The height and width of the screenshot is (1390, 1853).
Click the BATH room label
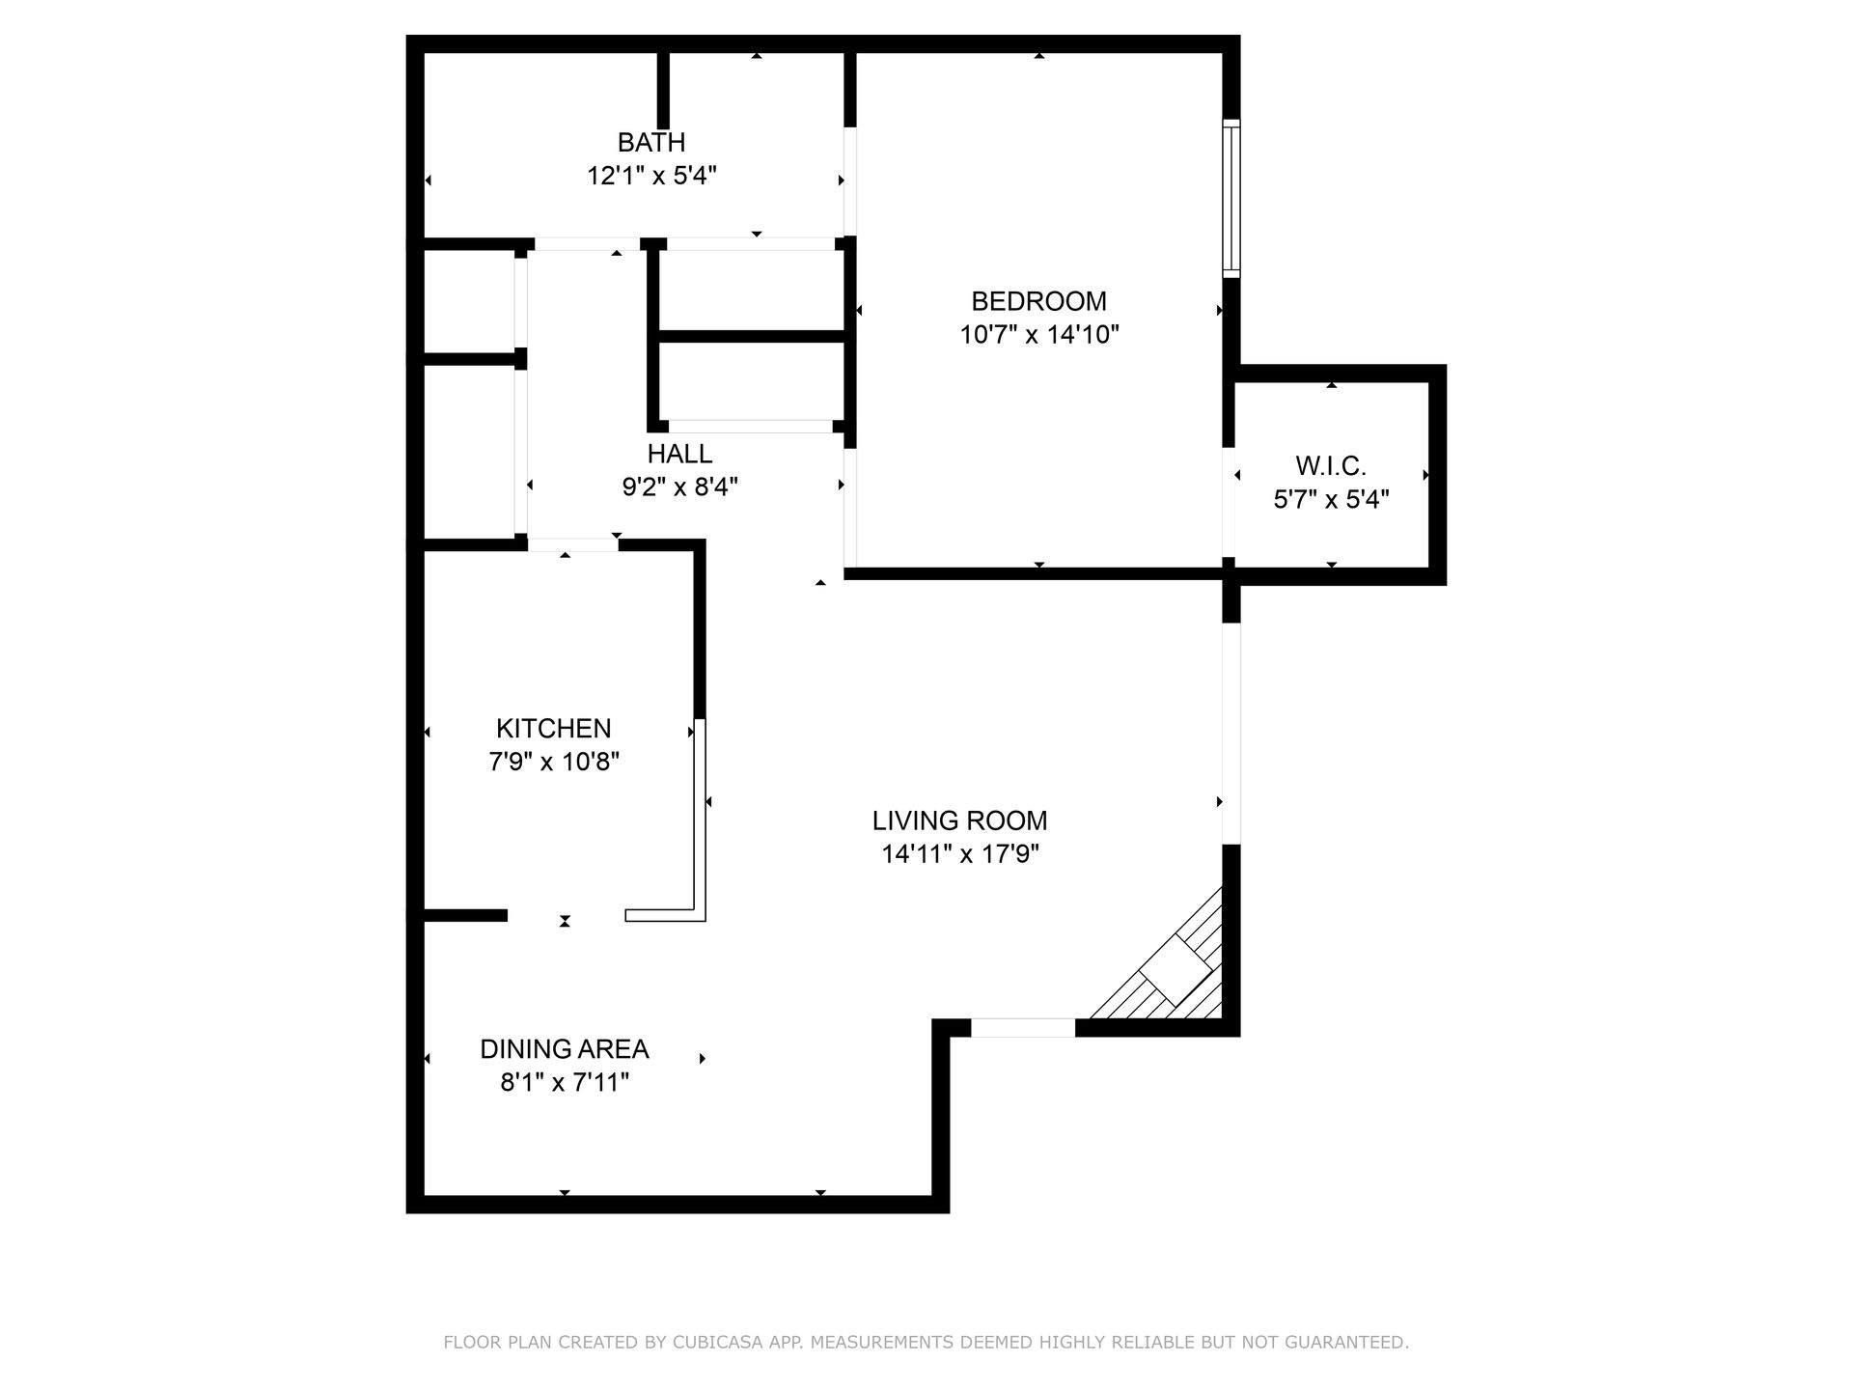click(x=651, y=142)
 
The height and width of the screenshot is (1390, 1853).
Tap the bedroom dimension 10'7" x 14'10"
click(x=1038, y=335)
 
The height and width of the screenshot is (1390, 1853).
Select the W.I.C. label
click(x=1330, y=466)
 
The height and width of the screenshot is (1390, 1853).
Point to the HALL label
click(x=679, y=454)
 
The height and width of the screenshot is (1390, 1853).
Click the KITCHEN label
click(x=553, y=728)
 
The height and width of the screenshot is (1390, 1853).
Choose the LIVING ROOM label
click(x=959, y=820)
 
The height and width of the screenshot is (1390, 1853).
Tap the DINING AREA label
click(x=564, y=1049)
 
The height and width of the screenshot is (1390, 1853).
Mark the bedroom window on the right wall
click(x=1231, y=198)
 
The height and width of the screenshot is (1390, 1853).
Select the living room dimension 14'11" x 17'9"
click(x=959, y=854)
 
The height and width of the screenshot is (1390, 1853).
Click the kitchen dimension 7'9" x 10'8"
click(x=553, y=762)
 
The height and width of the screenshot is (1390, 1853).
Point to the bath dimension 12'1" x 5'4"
click(x=651, y=176)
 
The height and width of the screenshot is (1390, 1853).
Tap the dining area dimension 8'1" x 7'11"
click(x=564, y=1083)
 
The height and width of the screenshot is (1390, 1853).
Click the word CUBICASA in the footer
click(x=714, y=1343)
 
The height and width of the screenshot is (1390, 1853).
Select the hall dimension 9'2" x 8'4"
click(x=679, y=487)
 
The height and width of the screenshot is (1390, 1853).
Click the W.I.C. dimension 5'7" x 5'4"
click(x=1330, y=500)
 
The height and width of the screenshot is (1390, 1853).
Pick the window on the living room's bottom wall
click(x=1022, y=1028)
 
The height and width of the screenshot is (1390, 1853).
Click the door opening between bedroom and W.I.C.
click(x=1230, y=502)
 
